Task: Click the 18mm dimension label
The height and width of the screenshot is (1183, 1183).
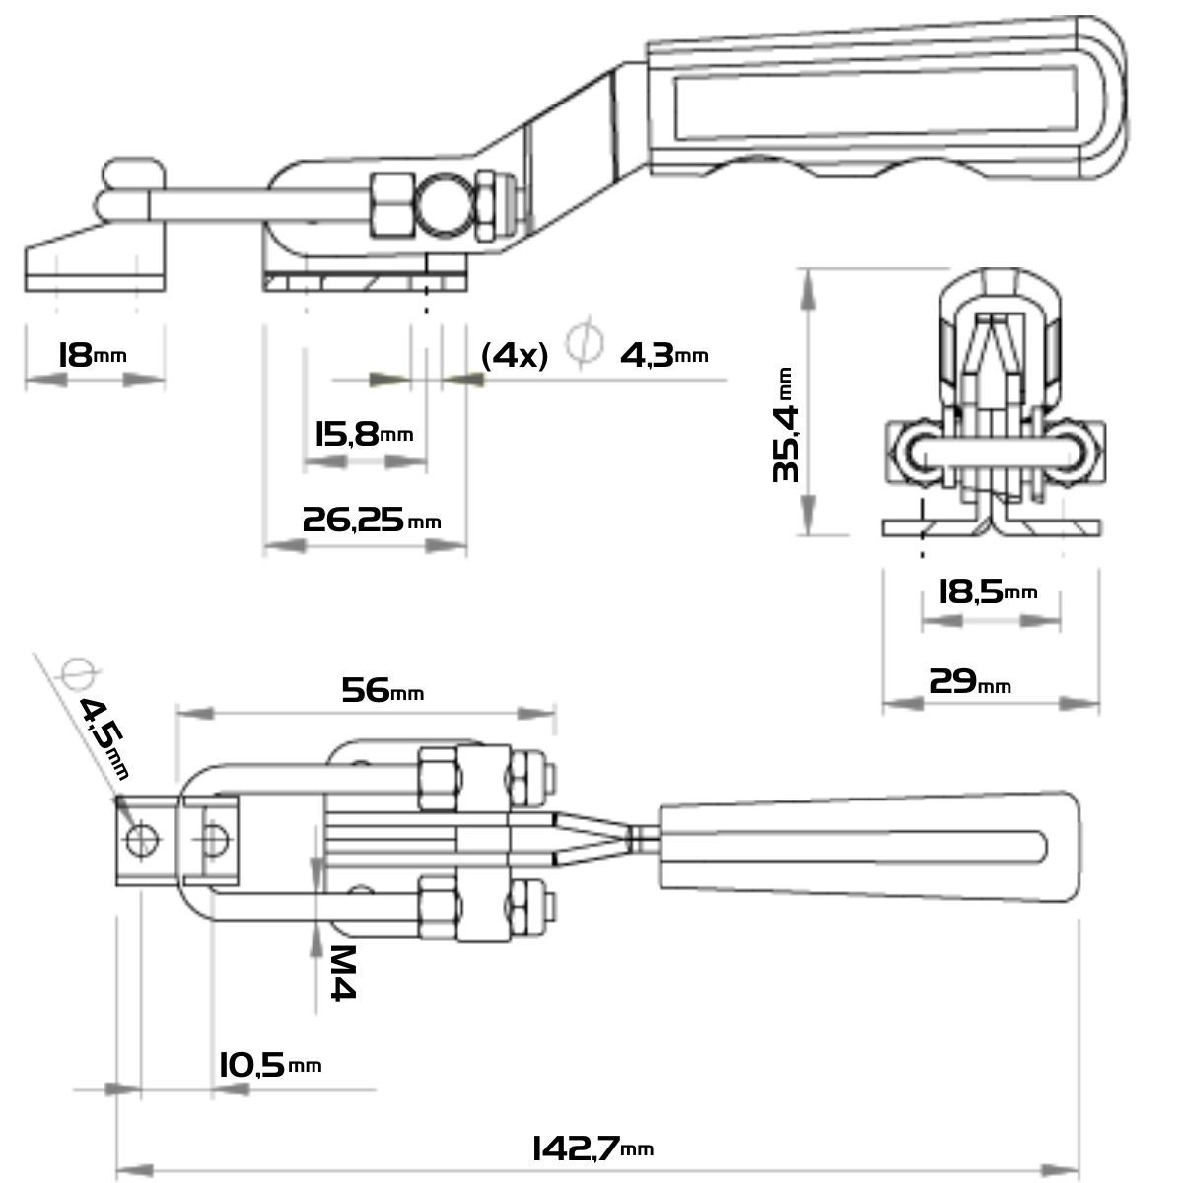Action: (x=93, y=354)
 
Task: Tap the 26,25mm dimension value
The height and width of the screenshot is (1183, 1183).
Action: (x=371, y=520)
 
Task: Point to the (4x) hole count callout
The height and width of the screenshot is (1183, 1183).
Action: (x=514, y=355)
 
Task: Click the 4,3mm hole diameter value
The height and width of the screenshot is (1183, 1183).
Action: (x=663, y=354)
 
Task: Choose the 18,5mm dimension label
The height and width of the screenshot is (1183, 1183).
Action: (x=987, y=591)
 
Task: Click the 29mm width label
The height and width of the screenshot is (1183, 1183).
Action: (x=969, y=680)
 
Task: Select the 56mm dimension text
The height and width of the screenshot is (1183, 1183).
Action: (x=382, y=690)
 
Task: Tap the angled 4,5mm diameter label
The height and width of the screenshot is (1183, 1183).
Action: (x=104, y=735)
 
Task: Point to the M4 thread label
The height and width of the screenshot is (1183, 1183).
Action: (x=341, y=972)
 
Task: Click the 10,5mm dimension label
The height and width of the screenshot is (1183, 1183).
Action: (x=269, y=1065)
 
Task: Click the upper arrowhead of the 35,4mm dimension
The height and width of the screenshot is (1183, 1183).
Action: (x=807, y=283)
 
